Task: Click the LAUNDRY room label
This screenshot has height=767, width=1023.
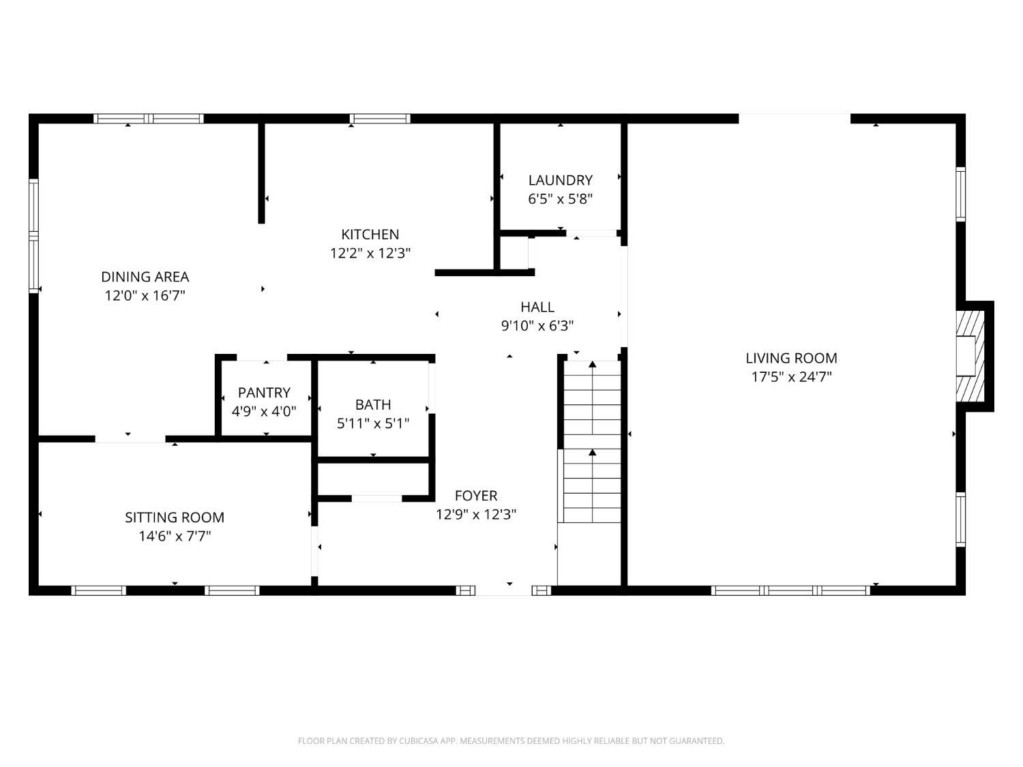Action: coord(560,180)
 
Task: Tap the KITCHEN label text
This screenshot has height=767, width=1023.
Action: coord(370,235)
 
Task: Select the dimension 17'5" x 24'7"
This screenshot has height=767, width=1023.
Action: coord(791,377)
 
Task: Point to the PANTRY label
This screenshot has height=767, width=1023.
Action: coord(264,393)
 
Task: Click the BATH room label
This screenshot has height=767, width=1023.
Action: coord(373,405)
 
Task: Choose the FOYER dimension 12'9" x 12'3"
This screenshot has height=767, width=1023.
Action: coord(476,515)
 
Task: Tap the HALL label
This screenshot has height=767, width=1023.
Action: coord(537,307)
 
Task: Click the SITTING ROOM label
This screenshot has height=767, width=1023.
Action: coord(175,517)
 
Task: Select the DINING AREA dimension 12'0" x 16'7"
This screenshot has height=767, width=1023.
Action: coord(145,296)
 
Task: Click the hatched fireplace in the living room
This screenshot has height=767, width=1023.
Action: coord(970,356)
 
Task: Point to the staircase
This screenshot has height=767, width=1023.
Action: coord(592,442)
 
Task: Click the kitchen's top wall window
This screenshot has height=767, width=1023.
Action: coord(380,118)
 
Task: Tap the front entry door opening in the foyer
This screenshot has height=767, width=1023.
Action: coord(503,590)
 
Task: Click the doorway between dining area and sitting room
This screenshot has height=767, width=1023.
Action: coord(130,438)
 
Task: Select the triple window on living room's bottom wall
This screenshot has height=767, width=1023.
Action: coord(790,590)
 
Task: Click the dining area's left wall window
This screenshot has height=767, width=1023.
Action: coord(33,236)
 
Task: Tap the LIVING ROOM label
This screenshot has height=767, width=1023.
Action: coord(791,358)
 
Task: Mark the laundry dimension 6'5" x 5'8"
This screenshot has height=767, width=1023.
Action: coord(560,199)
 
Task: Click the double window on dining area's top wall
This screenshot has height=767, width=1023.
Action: coord(149,118)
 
